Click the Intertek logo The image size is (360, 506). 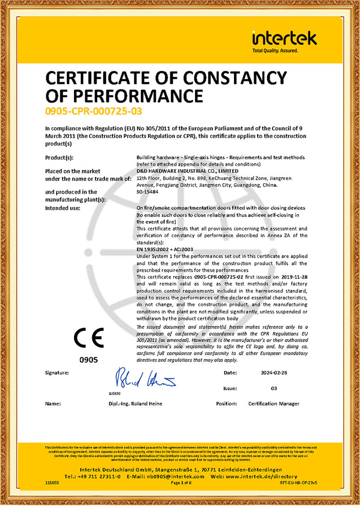click(284, 40)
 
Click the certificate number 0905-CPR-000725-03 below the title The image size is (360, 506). click(94, 111)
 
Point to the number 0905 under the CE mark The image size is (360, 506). click(88, 360)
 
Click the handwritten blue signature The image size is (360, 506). click(145, 378)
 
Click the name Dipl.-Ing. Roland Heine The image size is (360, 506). click(136, 404)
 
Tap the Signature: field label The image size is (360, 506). click(57, 372)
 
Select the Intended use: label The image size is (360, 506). click(62, 208)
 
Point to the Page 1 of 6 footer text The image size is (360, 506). click(181, 483)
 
